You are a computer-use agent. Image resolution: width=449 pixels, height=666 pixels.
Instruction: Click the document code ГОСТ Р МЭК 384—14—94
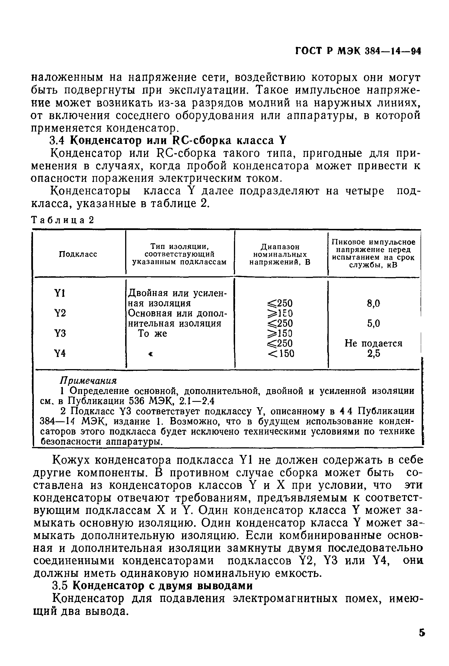tap(358, 52)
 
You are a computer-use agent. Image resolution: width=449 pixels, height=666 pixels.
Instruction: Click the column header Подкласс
tap(78, 254)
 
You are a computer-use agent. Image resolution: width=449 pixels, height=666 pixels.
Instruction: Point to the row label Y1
tap(60, 293)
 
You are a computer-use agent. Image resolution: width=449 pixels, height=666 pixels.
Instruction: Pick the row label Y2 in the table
tap(60, 313)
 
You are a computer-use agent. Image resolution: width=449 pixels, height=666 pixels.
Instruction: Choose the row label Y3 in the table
tap(60, 334)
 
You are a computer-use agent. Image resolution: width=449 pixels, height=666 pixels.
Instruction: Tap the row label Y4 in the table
tap(60, 354)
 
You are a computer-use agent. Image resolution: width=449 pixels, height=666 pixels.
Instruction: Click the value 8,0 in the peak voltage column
tap(373, 303)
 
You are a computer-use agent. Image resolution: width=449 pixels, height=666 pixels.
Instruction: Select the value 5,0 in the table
tap(373, 323)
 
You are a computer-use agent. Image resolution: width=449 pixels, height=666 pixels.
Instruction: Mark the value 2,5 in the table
tap(373, 354)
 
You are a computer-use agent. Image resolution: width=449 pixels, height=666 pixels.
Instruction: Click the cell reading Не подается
tap(373, 343)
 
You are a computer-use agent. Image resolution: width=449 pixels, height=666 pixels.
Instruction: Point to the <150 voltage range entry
tap(281, 354)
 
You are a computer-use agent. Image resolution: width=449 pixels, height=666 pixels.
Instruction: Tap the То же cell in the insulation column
tap(152, 334)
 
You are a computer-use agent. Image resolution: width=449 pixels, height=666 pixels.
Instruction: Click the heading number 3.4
tap(58, 141)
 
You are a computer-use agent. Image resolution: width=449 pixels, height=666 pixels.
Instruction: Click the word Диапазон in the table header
tap(280, 247)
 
